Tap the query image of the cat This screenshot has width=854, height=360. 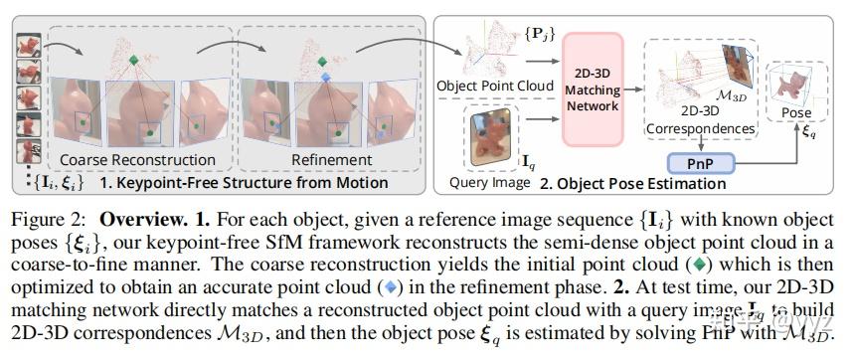[x=495, y=138]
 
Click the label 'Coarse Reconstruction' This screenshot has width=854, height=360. [x=137, y=159]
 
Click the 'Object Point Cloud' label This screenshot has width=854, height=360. [x=496, y=87]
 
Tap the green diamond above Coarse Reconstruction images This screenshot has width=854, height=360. [x=135, y=62]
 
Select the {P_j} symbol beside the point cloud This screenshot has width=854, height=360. [x=539, y=41]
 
